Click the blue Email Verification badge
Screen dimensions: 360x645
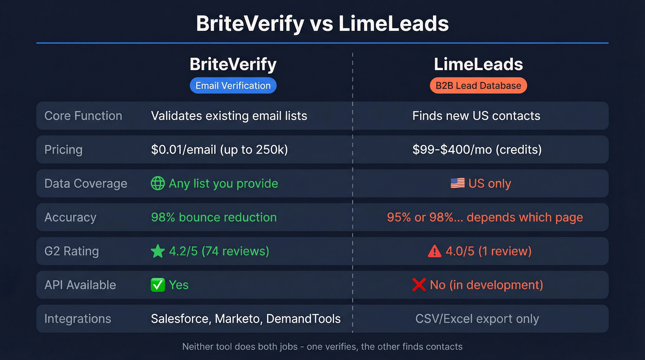click(x=233, y=85)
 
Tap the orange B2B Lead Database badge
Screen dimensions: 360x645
click(x=478, y=85)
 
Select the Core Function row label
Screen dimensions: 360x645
click(x=83, y=116)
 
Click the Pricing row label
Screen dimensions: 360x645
click(x=64, y=149)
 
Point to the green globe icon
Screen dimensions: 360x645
click(x=158, y=183)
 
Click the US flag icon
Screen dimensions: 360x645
click(x=457, y=183)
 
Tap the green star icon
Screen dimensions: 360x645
click(x=158, y=251)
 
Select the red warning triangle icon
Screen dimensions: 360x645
click(x=434, y=251)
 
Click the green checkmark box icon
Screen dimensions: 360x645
click(x=158, y=285)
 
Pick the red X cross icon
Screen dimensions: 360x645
click(x=419, y=285)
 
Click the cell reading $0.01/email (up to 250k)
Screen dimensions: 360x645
click(x=219, y=149)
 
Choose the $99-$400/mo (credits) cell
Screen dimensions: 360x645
click(x=477, y=149)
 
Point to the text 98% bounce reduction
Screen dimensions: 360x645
click(x=214, y=217)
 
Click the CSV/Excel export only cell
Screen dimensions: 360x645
click(x=477, y=319)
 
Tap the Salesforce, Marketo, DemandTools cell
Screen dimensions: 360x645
click(x=246, y=319)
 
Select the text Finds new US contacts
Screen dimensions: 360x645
click(x=476, y=116)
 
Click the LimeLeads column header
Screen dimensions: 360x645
click(x=478, y=65)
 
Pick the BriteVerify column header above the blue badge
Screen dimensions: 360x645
click(x=233, y=65)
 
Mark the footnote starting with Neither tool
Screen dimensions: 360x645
click(x=322, y=347)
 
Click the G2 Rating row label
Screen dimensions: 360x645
click(x=71, y=251)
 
